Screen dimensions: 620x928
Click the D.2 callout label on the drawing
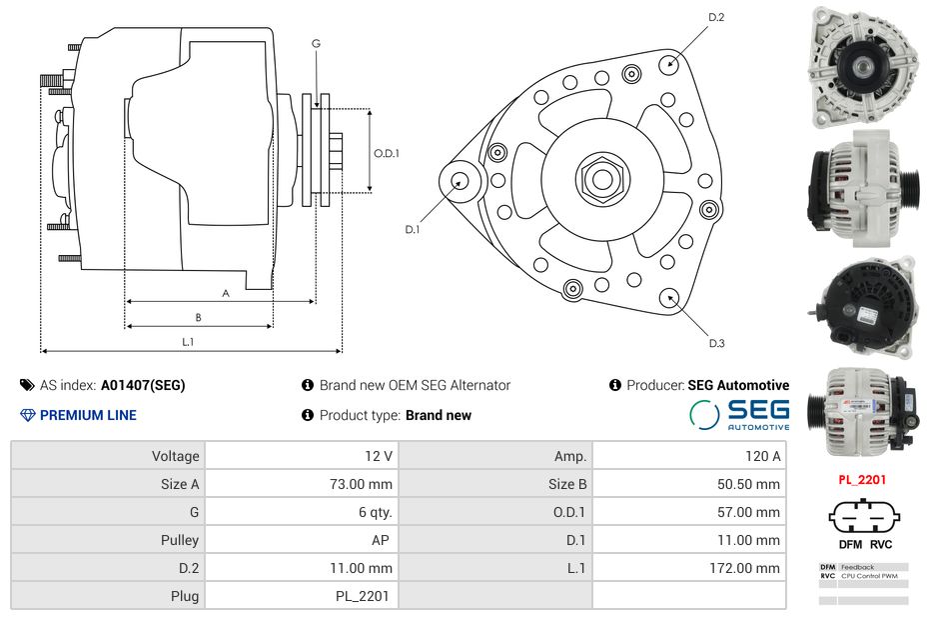click(716, 18)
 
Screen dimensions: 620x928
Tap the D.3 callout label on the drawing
click(716, 343)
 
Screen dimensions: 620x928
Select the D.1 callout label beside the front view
click(412, 230)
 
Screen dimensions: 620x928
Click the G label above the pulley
click(316, 44)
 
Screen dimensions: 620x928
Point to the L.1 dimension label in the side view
click(188, 342)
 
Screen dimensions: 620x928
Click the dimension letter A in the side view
click(226, 294)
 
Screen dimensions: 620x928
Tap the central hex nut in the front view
click(601, 180)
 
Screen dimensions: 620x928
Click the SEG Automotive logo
click(739, 414)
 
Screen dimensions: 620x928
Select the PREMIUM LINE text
click(88, 415)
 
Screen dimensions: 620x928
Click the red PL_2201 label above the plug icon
click(862, 480)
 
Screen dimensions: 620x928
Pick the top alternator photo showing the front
click(862, 67)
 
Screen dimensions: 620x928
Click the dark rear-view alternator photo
click(862, 306)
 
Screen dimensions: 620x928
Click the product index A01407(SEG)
click(143, 385)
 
